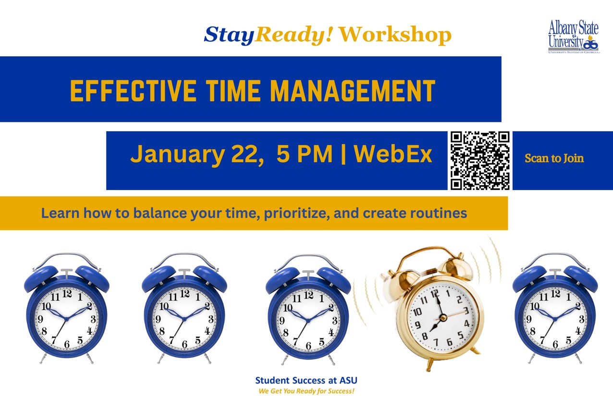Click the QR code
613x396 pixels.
pos(480,160)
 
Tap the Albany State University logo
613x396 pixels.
pos(573,36)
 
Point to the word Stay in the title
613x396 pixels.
pos(229,35)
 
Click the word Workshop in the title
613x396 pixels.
pos(395,35)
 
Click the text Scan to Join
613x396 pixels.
pos(554,158)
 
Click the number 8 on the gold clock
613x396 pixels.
pos(425,336)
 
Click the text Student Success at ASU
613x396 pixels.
pos(306,381)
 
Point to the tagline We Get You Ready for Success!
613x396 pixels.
pos(306,391)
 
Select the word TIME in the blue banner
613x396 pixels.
pos(233,90)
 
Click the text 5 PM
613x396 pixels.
pos(305,155)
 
